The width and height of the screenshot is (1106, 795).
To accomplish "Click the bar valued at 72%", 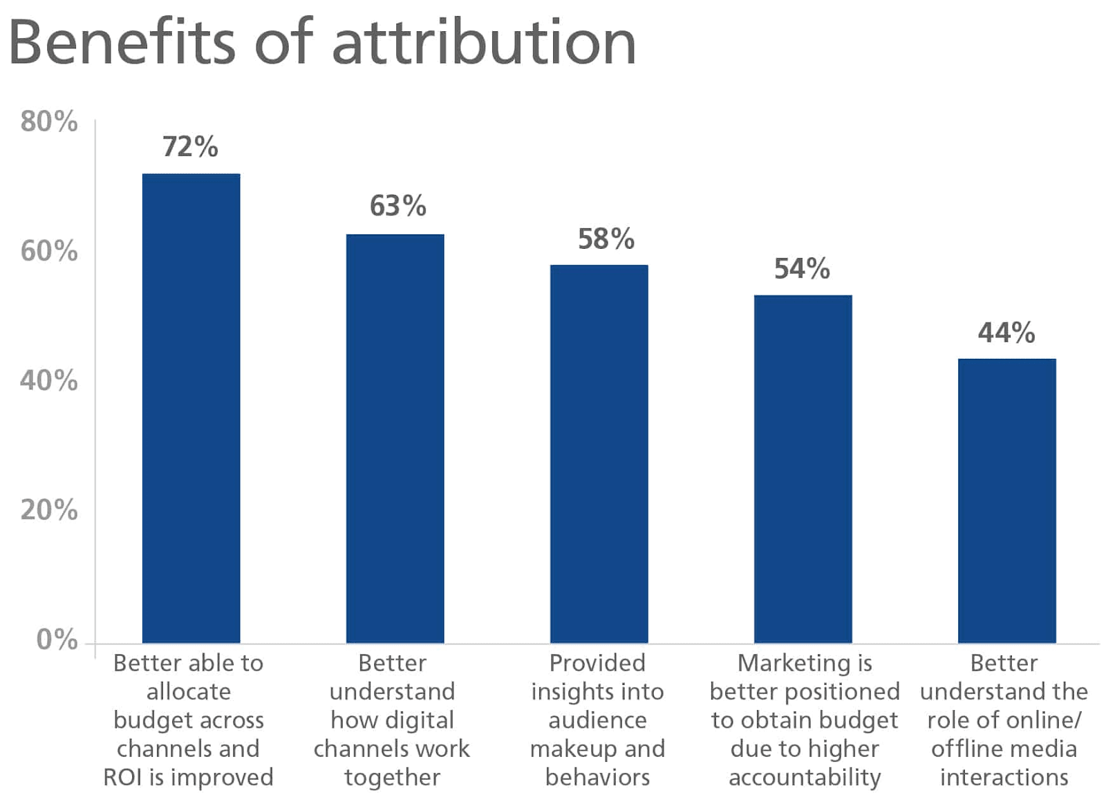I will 191,408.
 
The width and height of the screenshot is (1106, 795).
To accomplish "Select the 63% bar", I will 395,438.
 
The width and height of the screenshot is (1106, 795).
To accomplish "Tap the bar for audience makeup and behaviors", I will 599,453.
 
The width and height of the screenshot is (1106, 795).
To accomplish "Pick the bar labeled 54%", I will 803,469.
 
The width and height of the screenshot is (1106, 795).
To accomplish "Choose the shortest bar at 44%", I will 1006,501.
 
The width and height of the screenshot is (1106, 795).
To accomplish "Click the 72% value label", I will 190,147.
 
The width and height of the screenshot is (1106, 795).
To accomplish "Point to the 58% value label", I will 606,239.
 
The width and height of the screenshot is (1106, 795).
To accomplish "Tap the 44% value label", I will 1006,333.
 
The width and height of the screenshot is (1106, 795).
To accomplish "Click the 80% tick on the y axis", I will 49,122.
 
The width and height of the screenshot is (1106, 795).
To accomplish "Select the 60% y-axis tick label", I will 49,251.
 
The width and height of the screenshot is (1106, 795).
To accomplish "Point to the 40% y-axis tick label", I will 49,380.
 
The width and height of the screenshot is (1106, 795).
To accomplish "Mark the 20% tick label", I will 49,509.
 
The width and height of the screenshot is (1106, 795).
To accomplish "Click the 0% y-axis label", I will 57,639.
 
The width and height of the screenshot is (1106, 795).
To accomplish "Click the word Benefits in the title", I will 122,43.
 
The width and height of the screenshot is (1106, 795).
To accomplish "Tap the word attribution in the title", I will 484,43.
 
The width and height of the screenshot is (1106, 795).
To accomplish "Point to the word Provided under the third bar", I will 597,663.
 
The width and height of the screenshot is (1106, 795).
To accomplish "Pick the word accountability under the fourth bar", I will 805,777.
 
